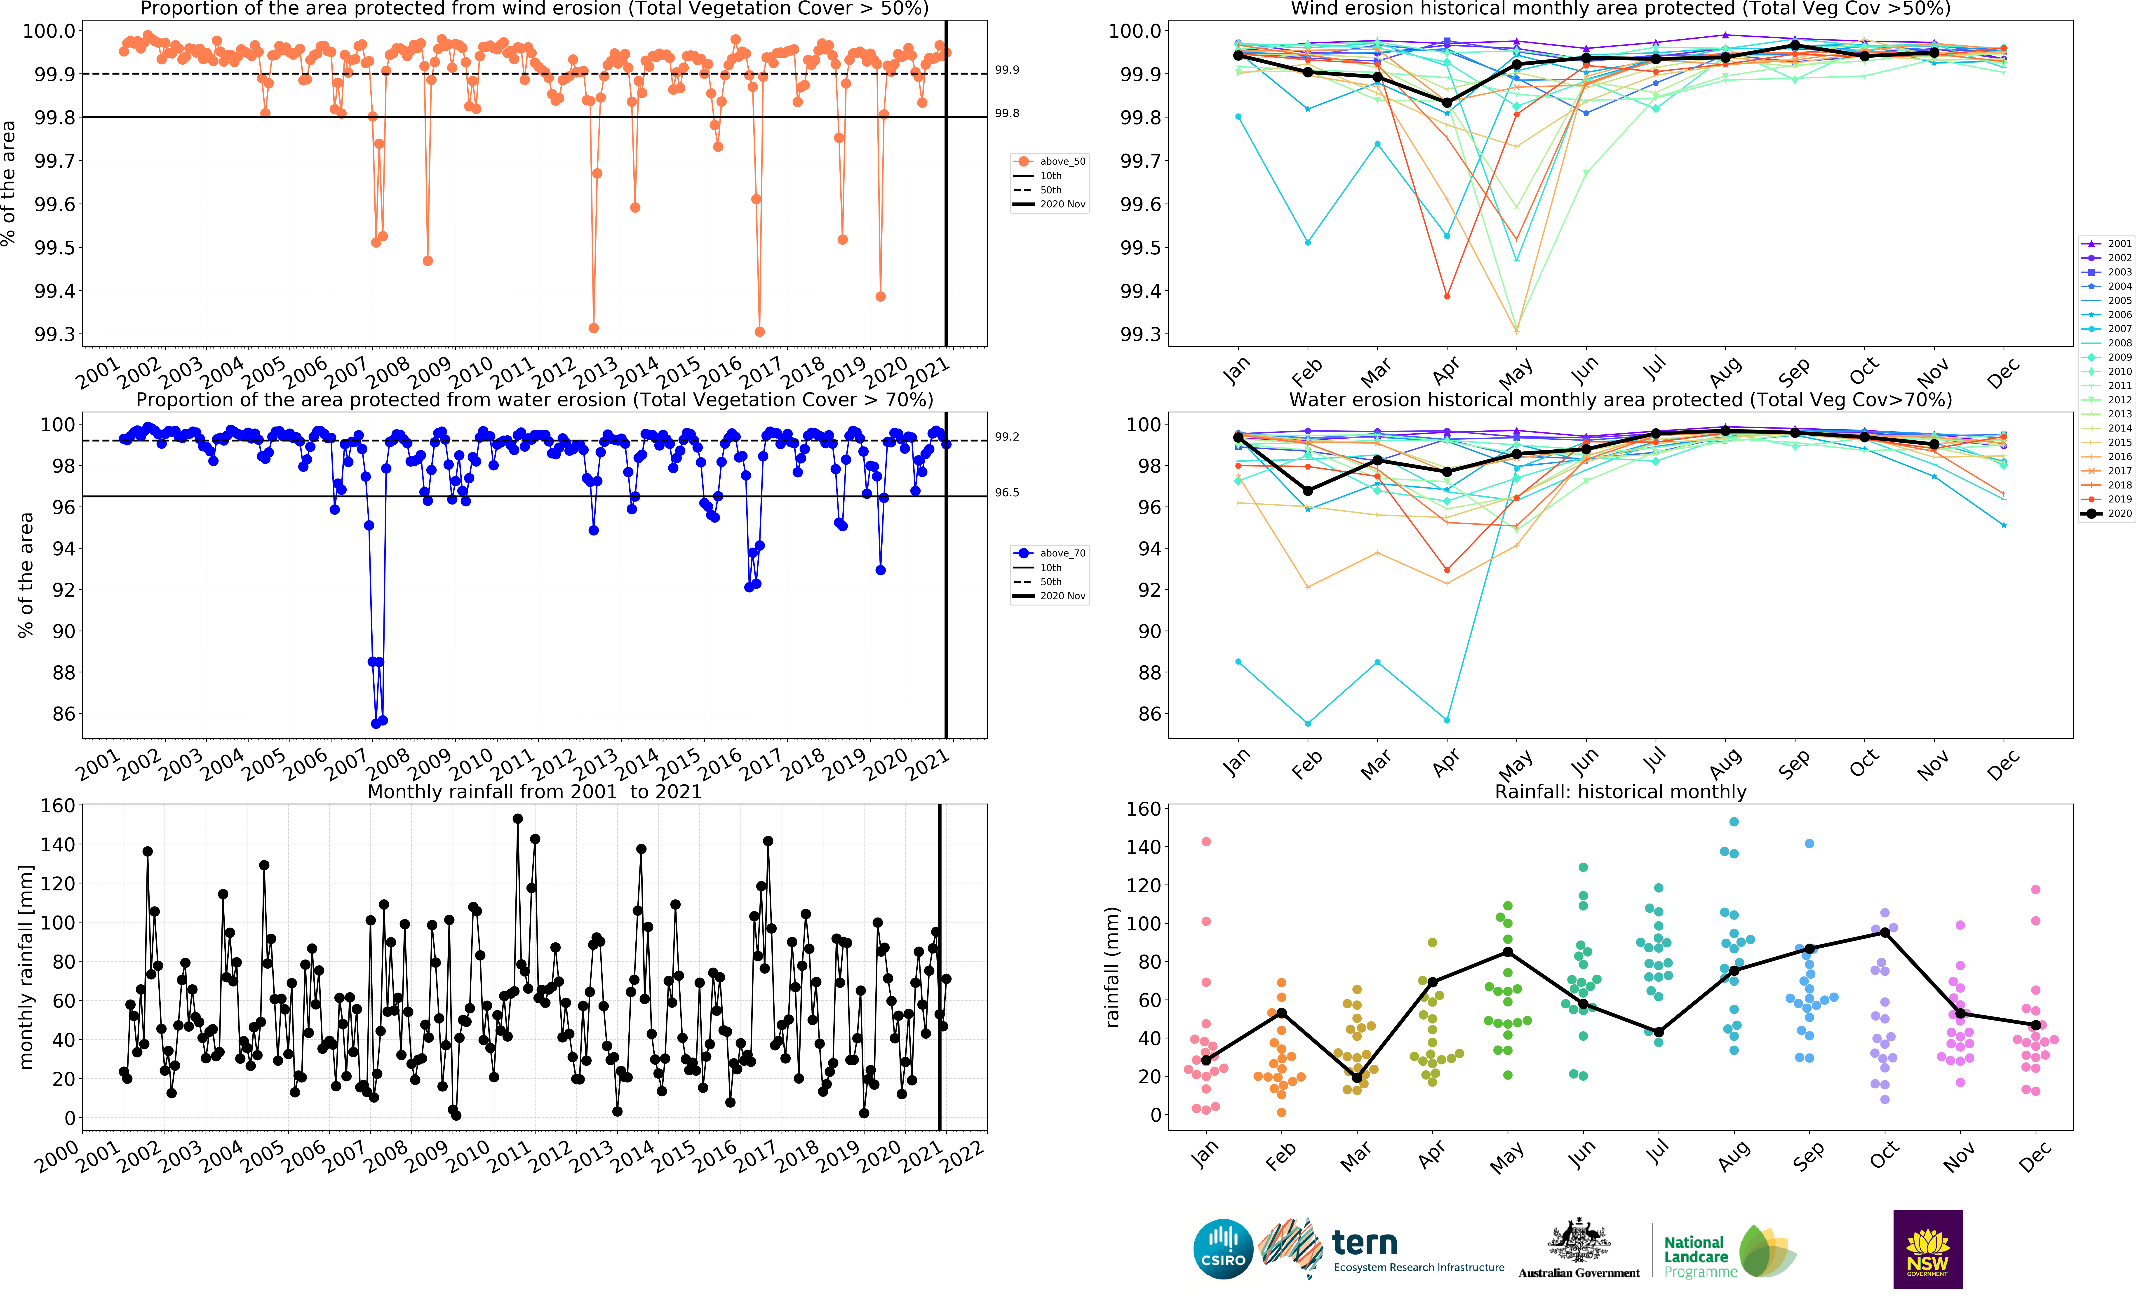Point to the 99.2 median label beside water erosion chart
[1006, 437]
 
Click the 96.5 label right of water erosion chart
[1006, 492]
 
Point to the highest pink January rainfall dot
[1206, 841]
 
